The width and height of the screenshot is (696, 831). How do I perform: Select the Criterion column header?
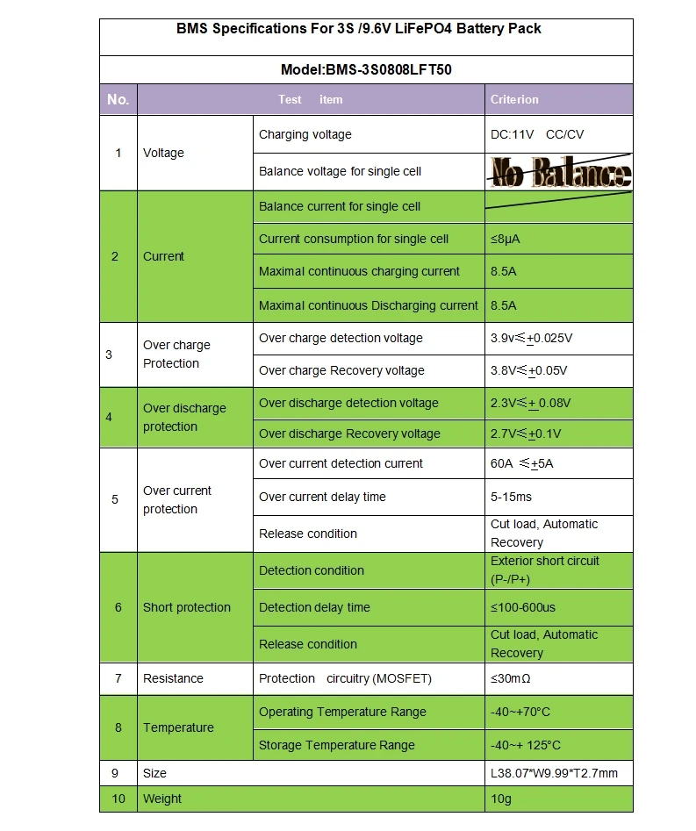(x=514, y=99)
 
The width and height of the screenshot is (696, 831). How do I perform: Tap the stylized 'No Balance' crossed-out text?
(x=560, y=171)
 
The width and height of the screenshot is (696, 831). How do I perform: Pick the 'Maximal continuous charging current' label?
(x=359, y=271)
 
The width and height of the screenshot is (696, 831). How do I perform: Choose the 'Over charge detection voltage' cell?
(x=341, y=338)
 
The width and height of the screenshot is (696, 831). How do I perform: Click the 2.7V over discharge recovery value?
(x=526, y=433)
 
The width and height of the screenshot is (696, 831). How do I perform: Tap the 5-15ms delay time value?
(x=511, y=497)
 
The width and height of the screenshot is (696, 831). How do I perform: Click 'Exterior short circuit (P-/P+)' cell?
(x=544, y=570)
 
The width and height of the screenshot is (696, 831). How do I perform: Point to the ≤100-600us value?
(x=523, y=607)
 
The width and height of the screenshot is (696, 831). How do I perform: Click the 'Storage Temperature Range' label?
(x=336, y=745)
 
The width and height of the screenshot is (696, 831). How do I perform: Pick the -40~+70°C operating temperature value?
(x=520, y=712)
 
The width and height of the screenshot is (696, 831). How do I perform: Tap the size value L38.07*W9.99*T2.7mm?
(x=554, y=773)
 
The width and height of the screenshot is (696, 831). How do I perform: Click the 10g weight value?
(x=501, y=799)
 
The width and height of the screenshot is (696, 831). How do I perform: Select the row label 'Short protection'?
(x=186, y=607)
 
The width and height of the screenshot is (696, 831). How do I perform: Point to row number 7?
(x=118, y=678)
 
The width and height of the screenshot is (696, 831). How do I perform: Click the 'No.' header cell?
(x=118, y=99)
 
